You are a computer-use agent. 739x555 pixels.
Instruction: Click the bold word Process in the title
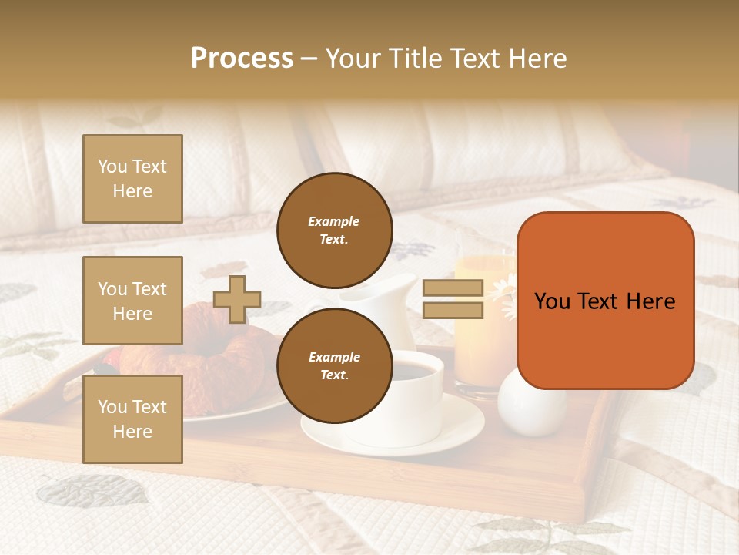(242, 58)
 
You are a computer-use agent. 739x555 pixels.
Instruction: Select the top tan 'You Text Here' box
(132, 179)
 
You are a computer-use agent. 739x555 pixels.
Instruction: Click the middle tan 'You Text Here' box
(132, 301)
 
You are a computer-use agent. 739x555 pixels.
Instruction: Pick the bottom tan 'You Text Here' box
(132, 419)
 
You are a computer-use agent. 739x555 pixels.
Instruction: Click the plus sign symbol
(237, 299)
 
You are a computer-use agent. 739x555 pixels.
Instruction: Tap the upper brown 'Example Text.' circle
(334, 230)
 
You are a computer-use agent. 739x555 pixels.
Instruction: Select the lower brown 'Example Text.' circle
(334, 365)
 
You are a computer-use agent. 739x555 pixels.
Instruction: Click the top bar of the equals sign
(453, 288)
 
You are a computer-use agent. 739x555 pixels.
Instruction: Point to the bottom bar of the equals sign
(453, 310)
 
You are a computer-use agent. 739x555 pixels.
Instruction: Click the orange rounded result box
(605, 301)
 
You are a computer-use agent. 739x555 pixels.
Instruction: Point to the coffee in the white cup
(412, 372)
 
